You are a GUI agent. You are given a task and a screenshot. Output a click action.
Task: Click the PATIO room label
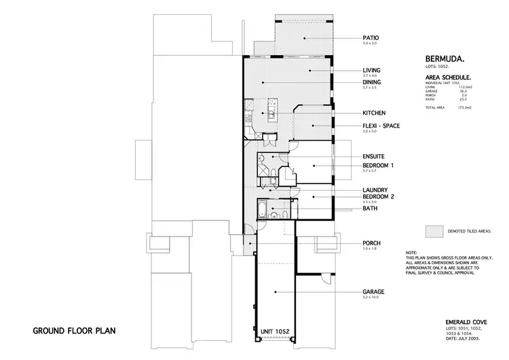click(371, 38)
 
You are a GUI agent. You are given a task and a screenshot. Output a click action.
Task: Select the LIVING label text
click(371, 70)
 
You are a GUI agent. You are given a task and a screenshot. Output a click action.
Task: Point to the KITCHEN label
click(374, 113)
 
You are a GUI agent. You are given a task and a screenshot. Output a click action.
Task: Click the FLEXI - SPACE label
click(381, 126)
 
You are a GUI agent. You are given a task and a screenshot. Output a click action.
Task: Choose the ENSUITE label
click(374, 157)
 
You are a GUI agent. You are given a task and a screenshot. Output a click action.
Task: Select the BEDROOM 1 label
click(378, 165)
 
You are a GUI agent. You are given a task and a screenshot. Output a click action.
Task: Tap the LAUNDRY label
click(375, 190)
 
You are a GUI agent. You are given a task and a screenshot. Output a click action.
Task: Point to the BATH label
click(370, 209)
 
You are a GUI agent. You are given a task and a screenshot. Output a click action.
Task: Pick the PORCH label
click(371, 243)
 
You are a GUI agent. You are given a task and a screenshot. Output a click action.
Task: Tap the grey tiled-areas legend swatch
click(434, 232)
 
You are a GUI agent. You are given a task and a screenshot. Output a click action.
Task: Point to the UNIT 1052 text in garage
click(275, 331)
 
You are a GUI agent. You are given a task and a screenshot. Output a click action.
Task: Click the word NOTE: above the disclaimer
click(411, 252)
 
